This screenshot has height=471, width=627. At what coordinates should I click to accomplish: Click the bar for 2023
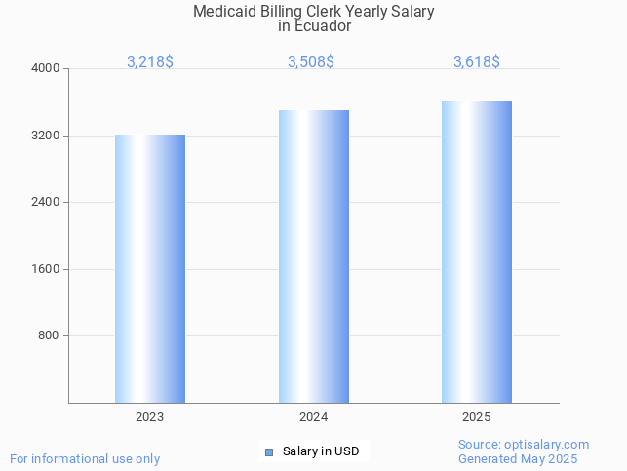pos(150,268)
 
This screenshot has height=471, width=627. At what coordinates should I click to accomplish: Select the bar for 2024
pos(313,256)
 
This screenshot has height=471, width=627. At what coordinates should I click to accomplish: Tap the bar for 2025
pos(477,252)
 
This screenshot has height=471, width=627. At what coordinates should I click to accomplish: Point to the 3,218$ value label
pos(150,61)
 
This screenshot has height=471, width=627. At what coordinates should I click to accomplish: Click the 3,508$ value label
pos(311,61)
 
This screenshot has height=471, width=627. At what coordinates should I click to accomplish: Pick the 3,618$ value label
pos(477,61)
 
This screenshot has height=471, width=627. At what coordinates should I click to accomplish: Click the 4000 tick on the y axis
pos(47,68)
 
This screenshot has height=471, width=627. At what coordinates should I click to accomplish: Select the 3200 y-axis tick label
pos(47,136)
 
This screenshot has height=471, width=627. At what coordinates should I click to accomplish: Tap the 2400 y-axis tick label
pos(47,202)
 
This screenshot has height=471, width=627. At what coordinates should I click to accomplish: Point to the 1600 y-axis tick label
pos(47,269)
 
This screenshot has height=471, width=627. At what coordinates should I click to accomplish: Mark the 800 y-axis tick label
pos(50,335)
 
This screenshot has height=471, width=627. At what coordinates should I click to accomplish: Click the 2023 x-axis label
pos(150,417)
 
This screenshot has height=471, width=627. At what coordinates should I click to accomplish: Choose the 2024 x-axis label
pos(313,417)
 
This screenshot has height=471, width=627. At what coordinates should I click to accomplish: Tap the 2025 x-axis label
pos(477,417)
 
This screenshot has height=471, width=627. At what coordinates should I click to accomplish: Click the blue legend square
pos(269,451)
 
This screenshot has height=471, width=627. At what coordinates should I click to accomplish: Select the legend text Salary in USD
pos(321,451)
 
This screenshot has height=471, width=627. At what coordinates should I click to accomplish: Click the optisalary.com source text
pos(550,444)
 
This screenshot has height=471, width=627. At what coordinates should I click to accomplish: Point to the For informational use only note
pos(85,458)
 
